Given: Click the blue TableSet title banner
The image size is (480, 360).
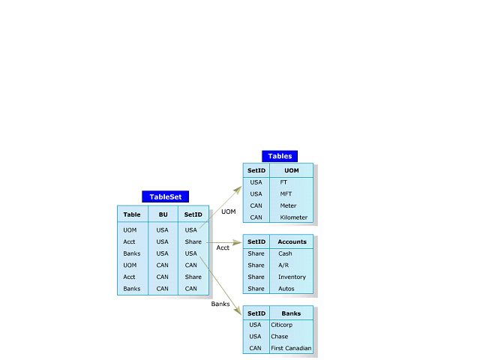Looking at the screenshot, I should coord(166,196).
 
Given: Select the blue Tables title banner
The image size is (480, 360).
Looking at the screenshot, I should coord(280,156).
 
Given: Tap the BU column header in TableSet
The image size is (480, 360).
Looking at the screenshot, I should coord(162,214).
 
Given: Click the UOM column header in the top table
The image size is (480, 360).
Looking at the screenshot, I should coord(291,170).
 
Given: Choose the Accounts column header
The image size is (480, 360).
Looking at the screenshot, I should coord(292,241).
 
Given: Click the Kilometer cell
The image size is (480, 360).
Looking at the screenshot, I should coord(294,217).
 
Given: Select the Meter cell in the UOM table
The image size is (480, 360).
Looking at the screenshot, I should coord(288,205).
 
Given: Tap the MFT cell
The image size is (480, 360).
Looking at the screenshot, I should coord(286,193).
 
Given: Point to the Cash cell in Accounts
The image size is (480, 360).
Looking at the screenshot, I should coord(285,253).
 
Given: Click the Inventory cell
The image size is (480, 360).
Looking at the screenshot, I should coord(292,277).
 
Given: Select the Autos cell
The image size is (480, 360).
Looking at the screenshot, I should coord(286,289).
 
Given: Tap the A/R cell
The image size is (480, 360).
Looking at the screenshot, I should coord(283,265).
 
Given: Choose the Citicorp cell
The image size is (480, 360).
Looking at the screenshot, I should coord(281,325).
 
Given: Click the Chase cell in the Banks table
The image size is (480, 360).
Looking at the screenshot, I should coord(279,337).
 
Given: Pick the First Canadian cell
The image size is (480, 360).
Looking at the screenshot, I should coord(290,348).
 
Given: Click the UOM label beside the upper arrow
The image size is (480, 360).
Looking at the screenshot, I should coord(228,211).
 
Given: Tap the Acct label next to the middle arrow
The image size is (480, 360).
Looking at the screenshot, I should coord(223,247).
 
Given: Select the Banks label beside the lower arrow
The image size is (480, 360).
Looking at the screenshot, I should coord(220,304).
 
